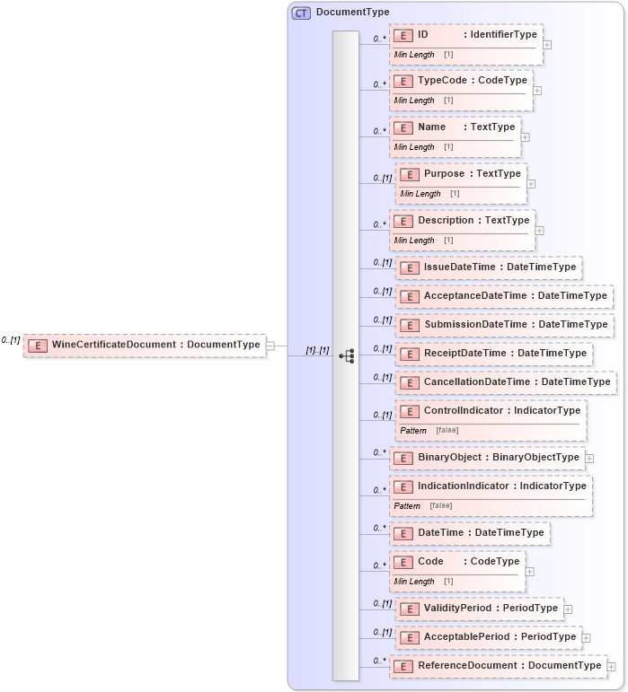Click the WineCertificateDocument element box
coord(145,345)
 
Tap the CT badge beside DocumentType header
coord(301,13)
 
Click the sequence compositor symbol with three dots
coord(346,356)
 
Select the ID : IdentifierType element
coord(465,35)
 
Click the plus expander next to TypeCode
coord(537,90)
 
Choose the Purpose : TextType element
coord(461,174)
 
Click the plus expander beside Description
coord(539,230)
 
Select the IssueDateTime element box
coord(489,267)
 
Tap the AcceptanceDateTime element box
coord(504,296)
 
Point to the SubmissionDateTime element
coord(504,325)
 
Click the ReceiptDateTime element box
coord(494,354)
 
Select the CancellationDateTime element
coord(506,382)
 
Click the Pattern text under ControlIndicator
coord(413,431)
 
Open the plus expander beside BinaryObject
coord(589,458)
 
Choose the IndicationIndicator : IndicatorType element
coord(491,486)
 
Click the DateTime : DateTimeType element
coord(469,533)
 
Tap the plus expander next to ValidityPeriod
coord(568,609)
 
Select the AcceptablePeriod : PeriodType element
coord(489,637)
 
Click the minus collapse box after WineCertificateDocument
coord(270,345)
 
